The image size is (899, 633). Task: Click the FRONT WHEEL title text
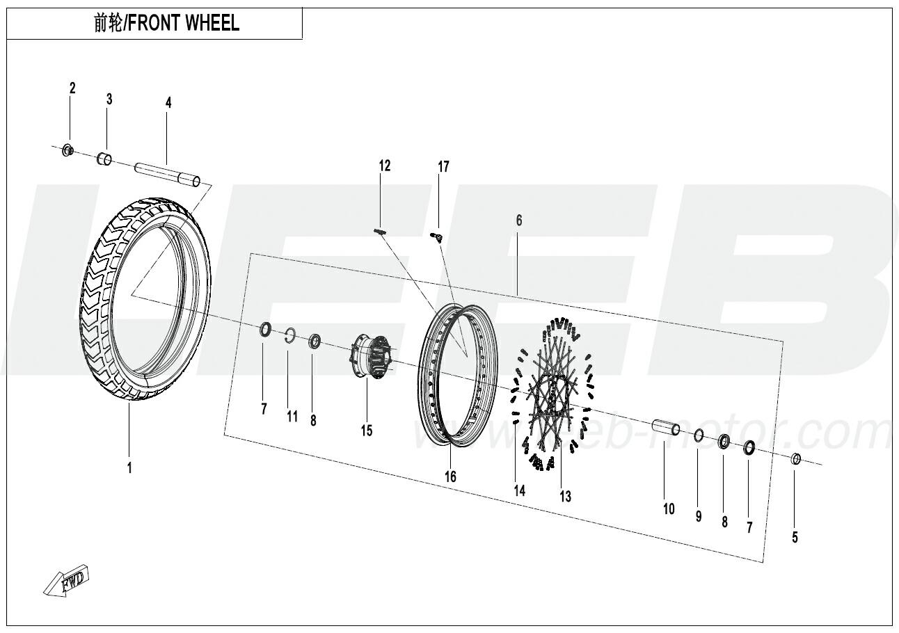(x=184, y=23)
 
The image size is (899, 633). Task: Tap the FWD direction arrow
(x=66, y=580)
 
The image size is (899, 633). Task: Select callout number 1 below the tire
(x=129, y=467)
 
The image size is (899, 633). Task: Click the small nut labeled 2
(x=69, y=150)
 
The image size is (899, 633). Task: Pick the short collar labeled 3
(x=104, y=159)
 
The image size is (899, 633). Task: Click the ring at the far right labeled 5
(x=796, y=459)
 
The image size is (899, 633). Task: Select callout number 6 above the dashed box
(x=519, y=221)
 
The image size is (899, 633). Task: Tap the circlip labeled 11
(x=290, y=336)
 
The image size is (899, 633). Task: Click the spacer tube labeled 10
(x=666, y=428)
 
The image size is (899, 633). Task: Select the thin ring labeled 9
(x=699, y=435)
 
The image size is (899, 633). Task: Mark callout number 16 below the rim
(x=450, y=476)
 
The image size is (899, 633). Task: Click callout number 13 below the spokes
(x=565, y=497)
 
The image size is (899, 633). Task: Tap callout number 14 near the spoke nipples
(x=519, y=490)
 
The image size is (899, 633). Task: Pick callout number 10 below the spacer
(x=669, y=509)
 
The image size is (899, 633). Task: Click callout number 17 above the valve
(x=443, y=166)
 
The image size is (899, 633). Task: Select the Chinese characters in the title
(x=109, y=23)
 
